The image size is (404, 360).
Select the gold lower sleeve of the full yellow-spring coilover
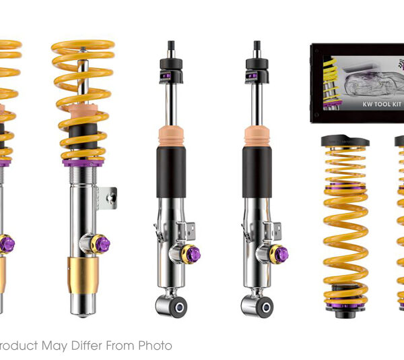pos(82,276)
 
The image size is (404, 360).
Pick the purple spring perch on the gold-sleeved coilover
pos(83,162)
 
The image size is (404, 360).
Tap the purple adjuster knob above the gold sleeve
pos(102,243)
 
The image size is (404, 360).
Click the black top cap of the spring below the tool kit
pos(344,141)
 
